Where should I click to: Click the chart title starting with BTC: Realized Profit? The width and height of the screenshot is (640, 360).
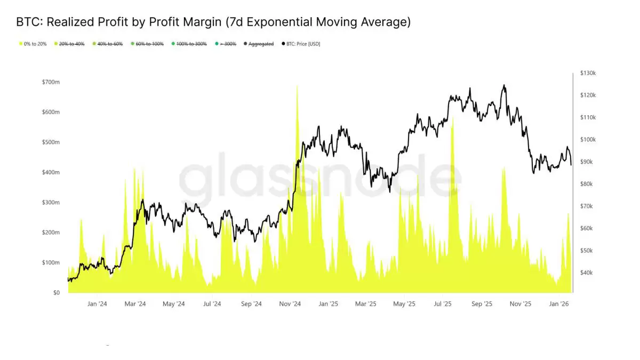[x=213, y=22]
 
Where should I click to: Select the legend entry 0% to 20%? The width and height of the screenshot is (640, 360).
[x=33, y=44]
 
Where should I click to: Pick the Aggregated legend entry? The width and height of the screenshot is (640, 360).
[x=261, y=44]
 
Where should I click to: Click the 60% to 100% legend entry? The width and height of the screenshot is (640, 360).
[x=149, y=44]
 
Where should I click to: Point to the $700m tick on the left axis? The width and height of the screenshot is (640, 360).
[x=51, y=82]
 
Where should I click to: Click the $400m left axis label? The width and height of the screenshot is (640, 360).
[x=51, y=172]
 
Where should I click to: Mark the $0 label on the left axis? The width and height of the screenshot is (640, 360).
[x=56, y=293]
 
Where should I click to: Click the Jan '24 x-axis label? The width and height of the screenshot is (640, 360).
[x=97, y=304]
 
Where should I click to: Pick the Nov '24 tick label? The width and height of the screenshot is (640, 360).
[x=290, y=304]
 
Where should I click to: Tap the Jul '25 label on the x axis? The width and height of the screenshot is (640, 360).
[x=442, y=304]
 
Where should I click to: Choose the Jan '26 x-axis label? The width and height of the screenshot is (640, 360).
[x=558, y=304]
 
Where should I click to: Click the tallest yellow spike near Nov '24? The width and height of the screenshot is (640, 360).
[x=297, y=86]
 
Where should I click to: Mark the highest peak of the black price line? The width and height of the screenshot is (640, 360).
[x=503, y=85]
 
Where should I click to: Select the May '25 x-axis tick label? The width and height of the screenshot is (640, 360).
[x=404, y=304]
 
